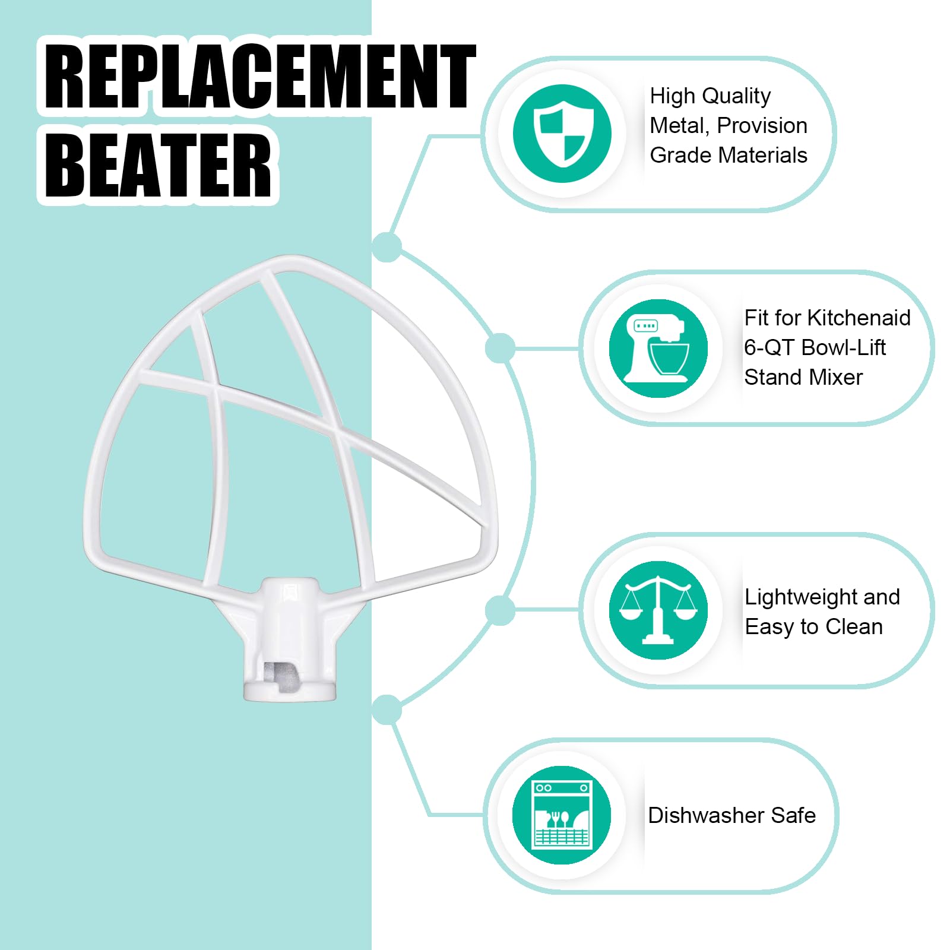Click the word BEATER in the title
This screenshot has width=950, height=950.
coord(158,164)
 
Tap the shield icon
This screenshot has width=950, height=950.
coord(562,134)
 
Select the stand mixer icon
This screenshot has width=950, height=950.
coord(658,349)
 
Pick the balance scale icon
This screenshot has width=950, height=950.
coord(658,610)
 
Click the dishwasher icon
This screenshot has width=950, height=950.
coord(562,815)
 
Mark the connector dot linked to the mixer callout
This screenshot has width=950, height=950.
coord(500,348)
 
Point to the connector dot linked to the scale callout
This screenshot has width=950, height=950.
coord(500,610)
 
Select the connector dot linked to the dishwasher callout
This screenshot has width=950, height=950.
coord(387,710)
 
